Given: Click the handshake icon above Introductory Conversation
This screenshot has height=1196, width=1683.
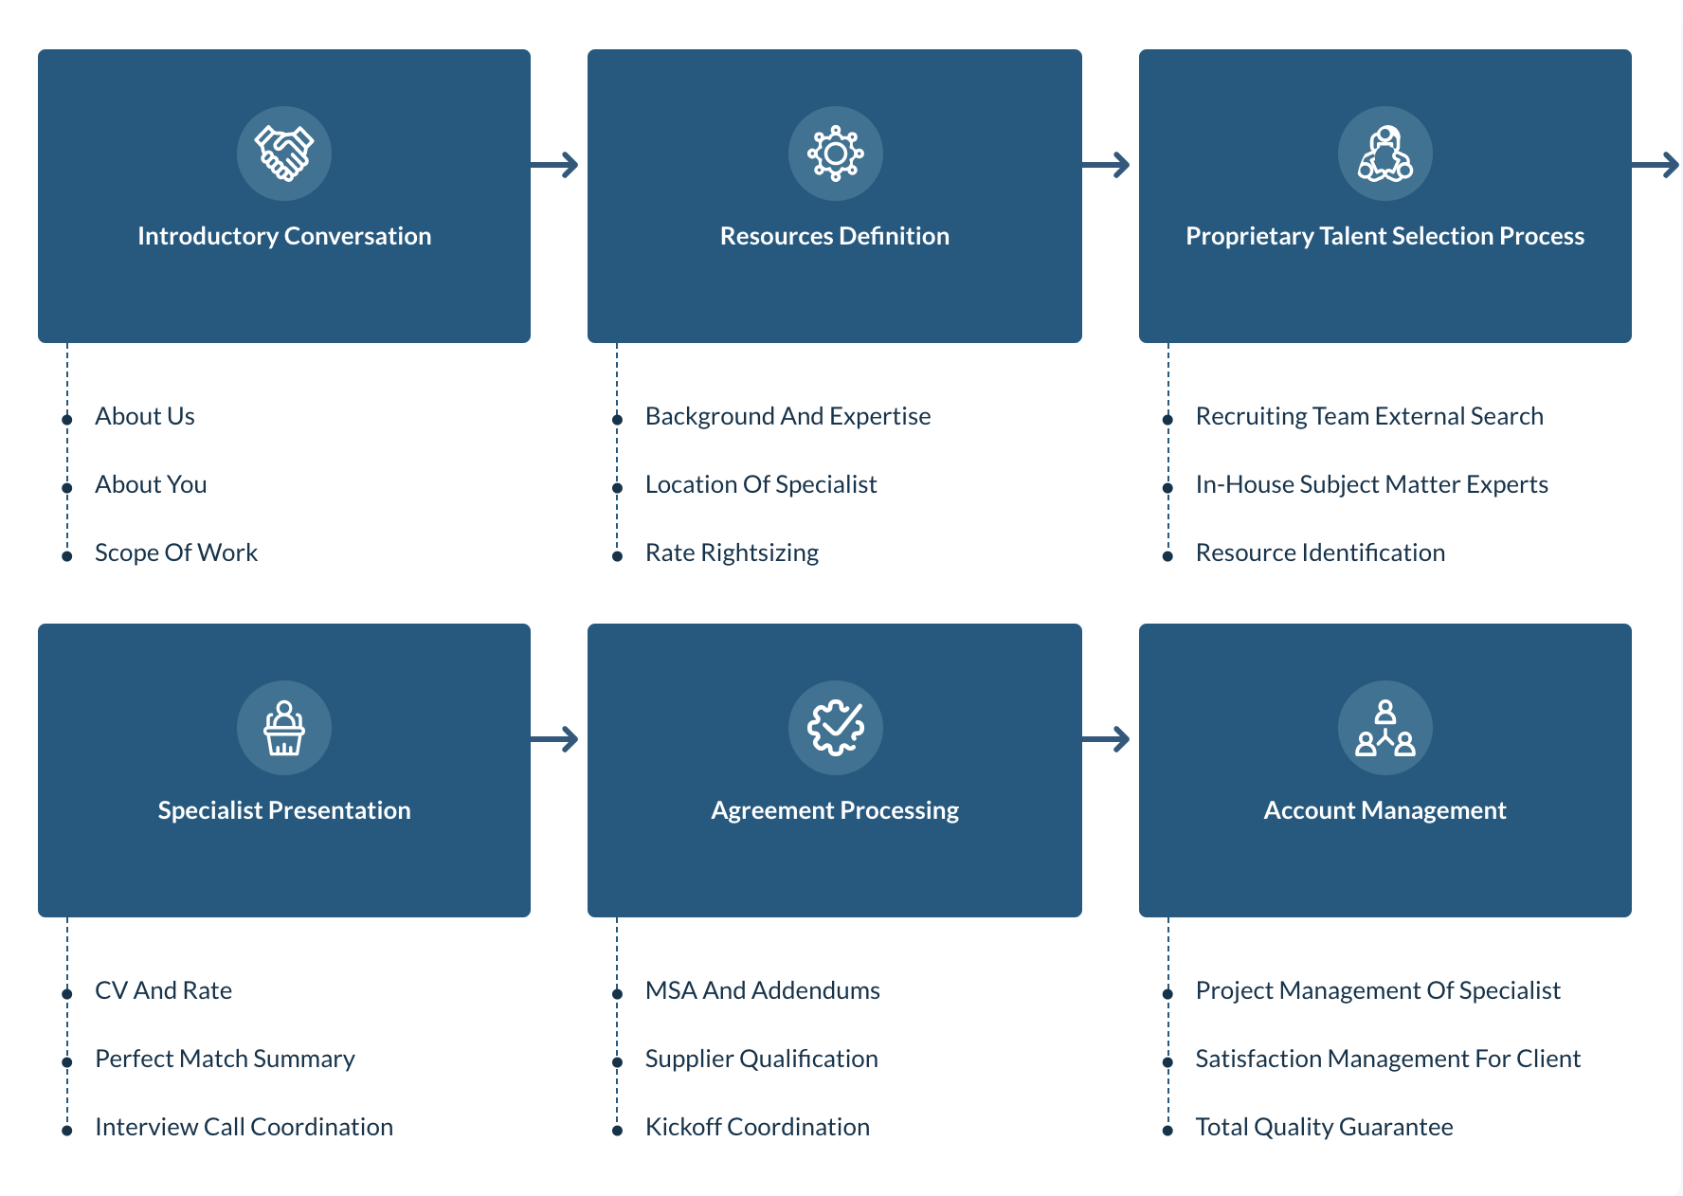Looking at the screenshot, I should coord(284,154).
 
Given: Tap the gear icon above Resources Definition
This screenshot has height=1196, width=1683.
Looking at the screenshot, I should coord(835,154).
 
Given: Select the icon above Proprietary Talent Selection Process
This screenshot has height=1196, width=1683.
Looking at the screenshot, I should coord(1384,154).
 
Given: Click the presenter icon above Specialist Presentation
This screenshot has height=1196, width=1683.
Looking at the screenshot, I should coord(284,728).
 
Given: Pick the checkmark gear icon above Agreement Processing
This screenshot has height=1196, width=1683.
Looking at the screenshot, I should coord(835,728).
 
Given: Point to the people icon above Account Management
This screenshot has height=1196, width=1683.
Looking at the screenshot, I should coord(1384,728).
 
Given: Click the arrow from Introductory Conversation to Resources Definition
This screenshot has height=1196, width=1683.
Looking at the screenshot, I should coord(555,165).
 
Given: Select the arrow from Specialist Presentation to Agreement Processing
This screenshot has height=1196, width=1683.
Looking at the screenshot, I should coord(555,739).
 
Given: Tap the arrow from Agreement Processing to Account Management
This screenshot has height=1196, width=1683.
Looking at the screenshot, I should coord(1106,739).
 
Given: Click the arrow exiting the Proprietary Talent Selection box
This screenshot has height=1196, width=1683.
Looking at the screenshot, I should coord(1656,165).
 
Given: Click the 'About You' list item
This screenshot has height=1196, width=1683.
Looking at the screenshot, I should coord(151,484).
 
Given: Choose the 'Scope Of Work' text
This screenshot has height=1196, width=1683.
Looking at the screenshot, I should coord(176,553).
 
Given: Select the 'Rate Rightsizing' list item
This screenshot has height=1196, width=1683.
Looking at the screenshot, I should coord(732,553).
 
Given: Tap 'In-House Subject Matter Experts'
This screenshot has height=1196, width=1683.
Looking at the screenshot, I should coord(1371,484).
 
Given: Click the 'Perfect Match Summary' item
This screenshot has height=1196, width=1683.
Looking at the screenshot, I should coord(225,1059).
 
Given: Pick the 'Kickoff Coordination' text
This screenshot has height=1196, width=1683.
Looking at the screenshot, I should coord(757,1127).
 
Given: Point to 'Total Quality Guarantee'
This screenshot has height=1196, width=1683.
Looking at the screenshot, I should coord(1324,1127).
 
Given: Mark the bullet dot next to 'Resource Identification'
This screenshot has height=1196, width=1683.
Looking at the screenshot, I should coord(1167,556).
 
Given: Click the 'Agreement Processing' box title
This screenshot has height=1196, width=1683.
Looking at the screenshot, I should coord(835,810).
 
